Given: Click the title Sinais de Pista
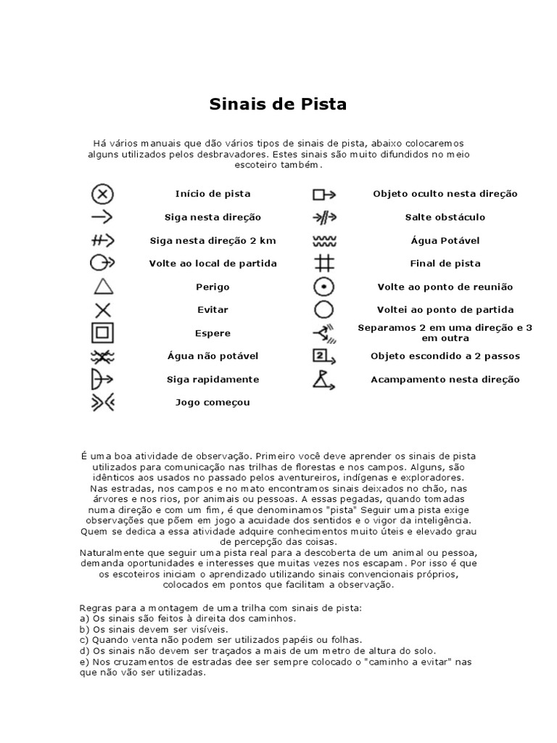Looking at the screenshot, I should tap(278, 104).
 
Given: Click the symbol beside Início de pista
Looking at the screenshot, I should tap(103, 194).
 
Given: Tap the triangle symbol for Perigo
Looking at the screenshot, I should tap(103, 287).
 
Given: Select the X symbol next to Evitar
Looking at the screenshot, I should tap(103, 310).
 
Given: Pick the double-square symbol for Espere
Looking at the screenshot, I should tap(103, 333).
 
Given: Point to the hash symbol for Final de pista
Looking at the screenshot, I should tap(323, 263).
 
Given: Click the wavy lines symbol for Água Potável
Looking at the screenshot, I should tap(323, 240).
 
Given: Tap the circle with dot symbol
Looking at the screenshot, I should tap(323, 287).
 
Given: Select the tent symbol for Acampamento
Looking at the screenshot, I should tap(323, 379).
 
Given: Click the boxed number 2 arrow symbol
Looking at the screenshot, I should tap(323, 356).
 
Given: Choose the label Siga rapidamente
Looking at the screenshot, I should tap(213, 379).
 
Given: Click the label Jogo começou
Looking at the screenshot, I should tap(213, 403).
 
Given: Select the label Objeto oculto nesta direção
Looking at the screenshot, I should tap(445, 194).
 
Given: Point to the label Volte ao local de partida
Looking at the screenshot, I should tap(213, 263).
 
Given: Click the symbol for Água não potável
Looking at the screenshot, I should tap(103, 356).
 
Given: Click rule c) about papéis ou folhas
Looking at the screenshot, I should tap(220, 640).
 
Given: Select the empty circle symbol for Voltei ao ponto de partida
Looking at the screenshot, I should tap(323, 310).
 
